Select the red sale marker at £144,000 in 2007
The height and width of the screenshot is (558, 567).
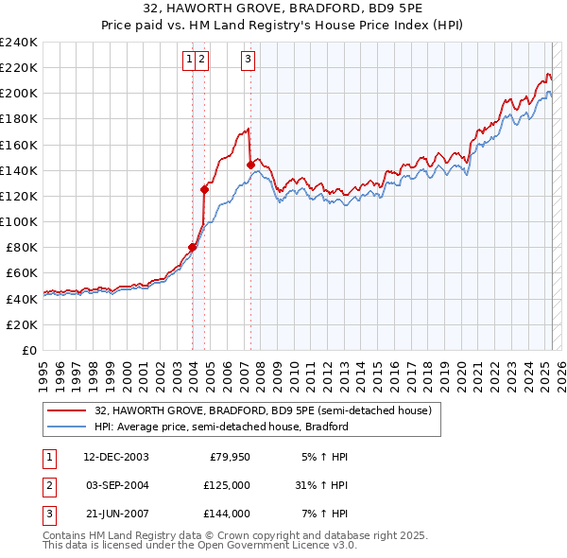click(x=250, y=165)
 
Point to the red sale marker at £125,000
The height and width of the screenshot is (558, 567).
click(x=204, y=189)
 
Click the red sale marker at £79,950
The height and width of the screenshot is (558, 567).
click(x=192, y=247)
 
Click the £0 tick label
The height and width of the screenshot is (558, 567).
click(x=28, y=350)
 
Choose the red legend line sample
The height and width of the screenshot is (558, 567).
click(x=66, y=410)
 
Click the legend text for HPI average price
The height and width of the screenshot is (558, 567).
click(x=221, y=427)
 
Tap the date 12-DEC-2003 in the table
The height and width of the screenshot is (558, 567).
click(x=116, y=457)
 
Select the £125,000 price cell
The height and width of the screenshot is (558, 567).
click(x=228, y=485)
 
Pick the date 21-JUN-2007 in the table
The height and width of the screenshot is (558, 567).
click(x=116, y=514)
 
